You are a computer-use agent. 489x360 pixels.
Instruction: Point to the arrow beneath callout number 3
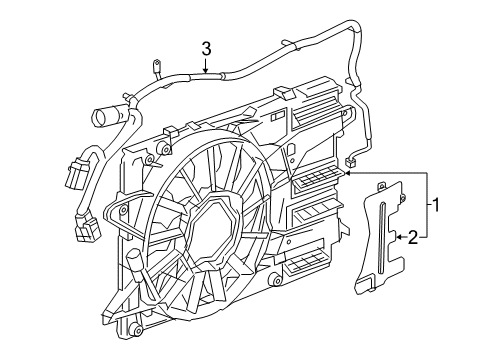point(205,69)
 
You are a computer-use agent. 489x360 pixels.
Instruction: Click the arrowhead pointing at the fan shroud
point(347,172)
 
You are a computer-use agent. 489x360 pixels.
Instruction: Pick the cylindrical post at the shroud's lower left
point(132,263)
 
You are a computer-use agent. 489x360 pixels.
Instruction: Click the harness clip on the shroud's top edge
point(168,131)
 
